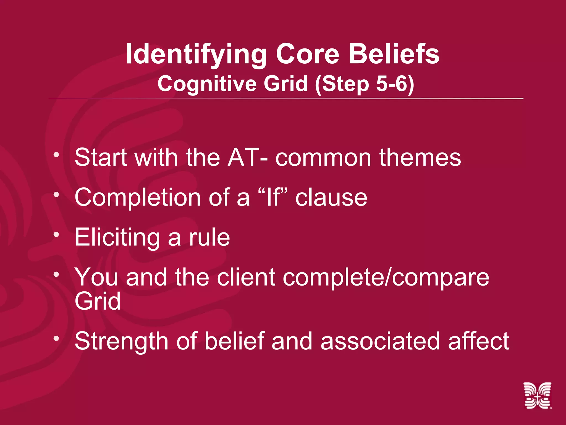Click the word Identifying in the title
click(196, 55)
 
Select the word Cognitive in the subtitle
click(207, 84)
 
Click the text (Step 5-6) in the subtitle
click(365, 84)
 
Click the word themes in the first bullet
click(420, 157)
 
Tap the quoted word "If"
click(274, 197)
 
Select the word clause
click(331, 198)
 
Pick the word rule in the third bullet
click(209, 237)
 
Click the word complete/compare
click(386, 277)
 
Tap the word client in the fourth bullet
click(246, 277)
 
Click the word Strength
click(121, 341)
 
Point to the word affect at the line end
click(478, 341)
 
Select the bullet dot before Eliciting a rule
click(57, 234)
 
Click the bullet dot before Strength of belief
click(57, 338)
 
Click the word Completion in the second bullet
click(138, 198)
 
